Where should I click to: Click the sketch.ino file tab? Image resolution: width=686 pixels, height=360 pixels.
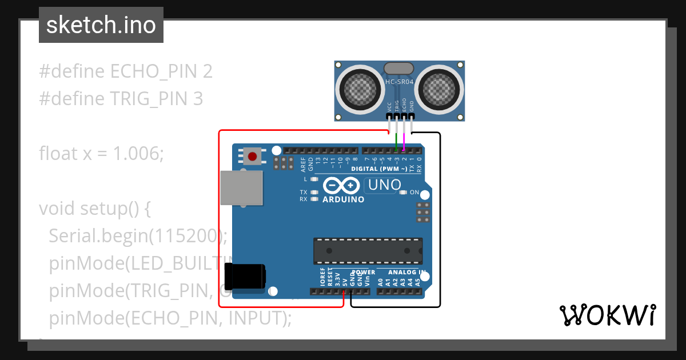[101, 25]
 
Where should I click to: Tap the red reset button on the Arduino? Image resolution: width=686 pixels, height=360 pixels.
[252, 155]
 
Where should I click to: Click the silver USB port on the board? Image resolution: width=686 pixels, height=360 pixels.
[242, 187]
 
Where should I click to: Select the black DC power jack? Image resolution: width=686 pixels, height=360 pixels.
[245, 277]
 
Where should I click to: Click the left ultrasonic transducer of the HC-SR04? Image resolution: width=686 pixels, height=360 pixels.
[361, 89]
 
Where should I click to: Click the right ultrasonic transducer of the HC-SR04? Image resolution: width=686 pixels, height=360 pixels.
[439, 89]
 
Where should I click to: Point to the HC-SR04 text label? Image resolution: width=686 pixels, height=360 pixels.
[400, 82]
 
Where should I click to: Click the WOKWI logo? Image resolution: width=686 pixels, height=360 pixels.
[607, 315]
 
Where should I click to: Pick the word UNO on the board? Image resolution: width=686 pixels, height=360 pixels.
[385, 185]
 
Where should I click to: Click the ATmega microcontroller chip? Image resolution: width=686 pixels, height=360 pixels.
[368, 251]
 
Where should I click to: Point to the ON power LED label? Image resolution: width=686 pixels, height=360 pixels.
[414, 193]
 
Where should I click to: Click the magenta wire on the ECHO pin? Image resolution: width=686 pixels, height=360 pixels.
[404, 139]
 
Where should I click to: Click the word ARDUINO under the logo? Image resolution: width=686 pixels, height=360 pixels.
[343, 199]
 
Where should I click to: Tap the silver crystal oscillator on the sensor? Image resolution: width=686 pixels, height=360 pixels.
[399, 69]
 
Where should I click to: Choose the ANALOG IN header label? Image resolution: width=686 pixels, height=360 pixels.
[407, 273]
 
